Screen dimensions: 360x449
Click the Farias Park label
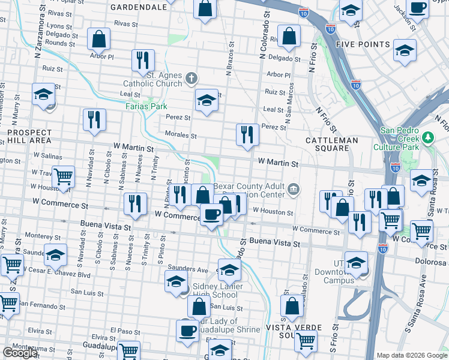coord(146,106)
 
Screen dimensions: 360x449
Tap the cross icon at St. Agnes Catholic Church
coord(191,78)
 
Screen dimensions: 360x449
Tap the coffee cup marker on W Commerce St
coord(211,215)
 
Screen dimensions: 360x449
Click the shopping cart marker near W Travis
coord(63,176)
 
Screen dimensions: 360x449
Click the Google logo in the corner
coord(20,353)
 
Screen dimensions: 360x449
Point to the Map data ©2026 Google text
coord(412,355)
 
